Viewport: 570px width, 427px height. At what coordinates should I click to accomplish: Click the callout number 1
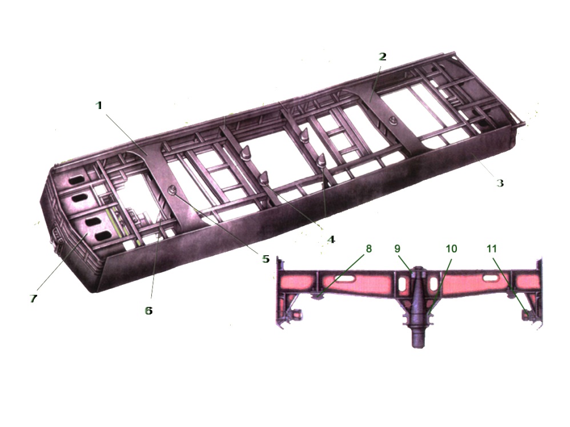99,106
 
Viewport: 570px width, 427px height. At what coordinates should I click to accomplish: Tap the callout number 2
382,57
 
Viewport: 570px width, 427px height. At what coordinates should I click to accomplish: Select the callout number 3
500,183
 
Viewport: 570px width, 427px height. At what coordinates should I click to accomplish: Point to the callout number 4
331,240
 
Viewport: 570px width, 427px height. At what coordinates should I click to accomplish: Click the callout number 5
266,259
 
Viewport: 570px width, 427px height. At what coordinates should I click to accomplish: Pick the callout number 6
148,311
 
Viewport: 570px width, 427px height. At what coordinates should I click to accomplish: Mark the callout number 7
33,299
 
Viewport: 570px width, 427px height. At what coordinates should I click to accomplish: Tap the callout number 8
368,248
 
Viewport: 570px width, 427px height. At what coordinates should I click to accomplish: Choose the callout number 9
398,248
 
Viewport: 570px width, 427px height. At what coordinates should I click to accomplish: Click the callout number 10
451,248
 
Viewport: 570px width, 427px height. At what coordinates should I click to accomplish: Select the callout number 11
492,248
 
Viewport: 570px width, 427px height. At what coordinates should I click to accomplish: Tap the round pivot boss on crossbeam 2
391,119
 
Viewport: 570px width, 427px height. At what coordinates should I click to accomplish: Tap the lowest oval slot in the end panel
103,236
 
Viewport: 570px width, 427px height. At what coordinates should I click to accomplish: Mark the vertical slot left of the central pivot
402,284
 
